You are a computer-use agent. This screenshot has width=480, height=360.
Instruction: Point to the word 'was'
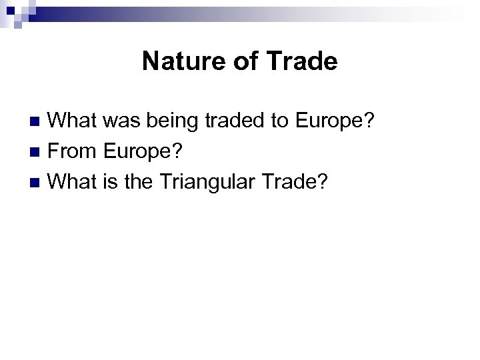click(x=123, y=121)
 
